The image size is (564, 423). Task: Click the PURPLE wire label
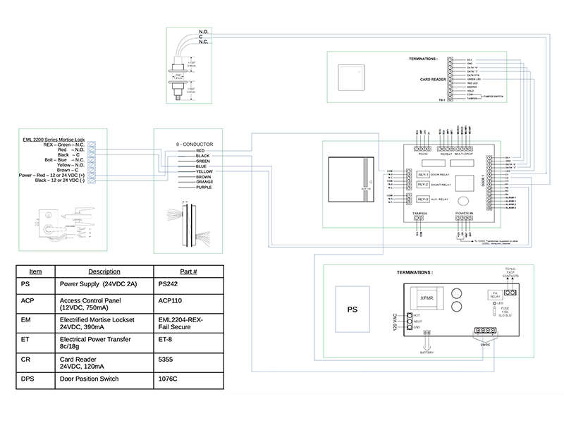pos(203,187)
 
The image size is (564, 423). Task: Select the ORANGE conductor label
pos(204,182)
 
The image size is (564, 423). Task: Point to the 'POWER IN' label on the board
pos(463,211)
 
